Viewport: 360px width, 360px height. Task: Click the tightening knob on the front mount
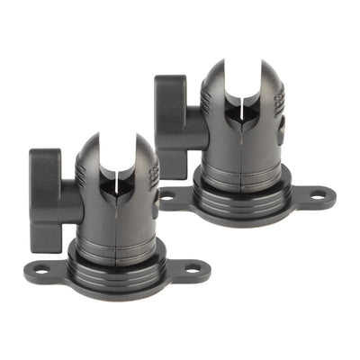(45, 200)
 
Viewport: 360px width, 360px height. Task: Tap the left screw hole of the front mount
(40, 267)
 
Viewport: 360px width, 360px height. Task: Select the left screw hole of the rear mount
(168, 195)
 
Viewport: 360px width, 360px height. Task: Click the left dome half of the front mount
(94, 171)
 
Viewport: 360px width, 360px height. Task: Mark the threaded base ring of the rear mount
(241, 202)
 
